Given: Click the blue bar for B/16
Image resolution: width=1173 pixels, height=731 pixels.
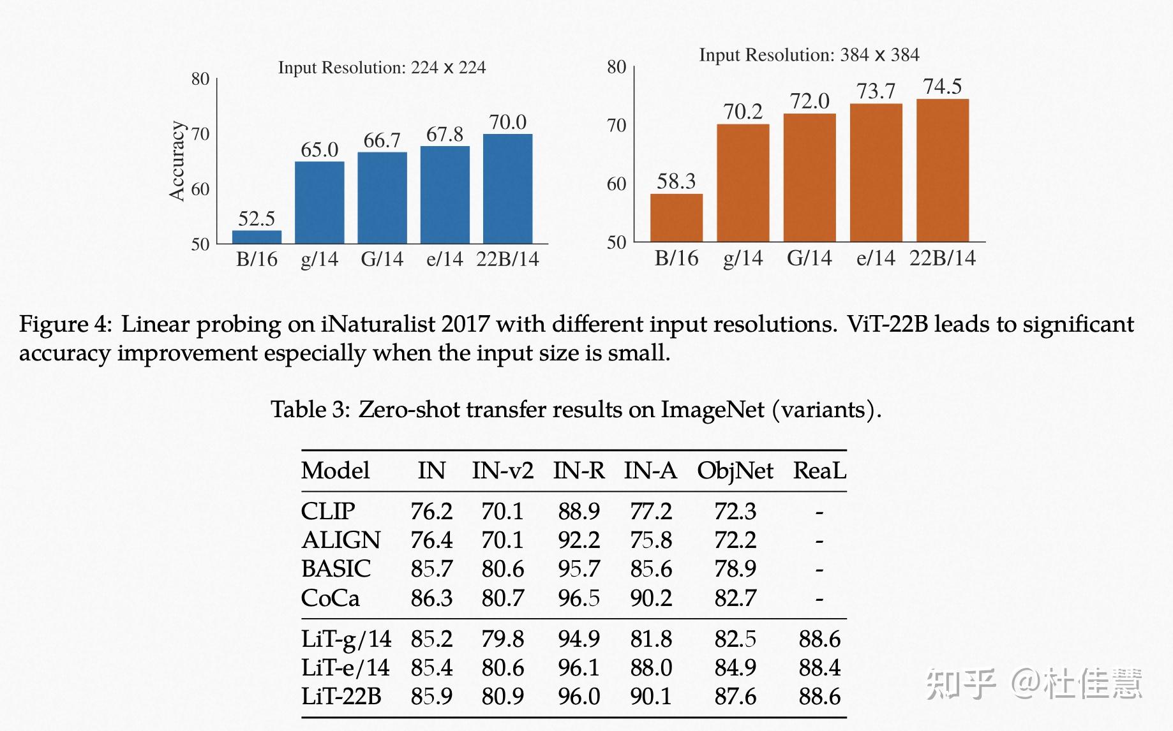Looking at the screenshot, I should pos(257,237).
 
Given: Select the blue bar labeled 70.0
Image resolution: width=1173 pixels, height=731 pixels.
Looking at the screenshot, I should pos(507,189).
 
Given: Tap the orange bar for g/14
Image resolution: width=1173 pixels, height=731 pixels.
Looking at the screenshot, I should pos(743,183).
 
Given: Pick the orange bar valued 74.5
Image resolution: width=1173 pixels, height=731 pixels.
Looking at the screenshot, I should pos(943,170).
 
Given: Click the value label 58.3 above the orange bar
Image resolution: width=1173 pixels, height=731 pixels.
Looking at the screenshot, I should pos(676,181).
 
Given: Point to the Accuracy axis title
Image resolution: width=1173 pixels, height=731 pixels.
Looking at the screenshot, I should pos(177,161).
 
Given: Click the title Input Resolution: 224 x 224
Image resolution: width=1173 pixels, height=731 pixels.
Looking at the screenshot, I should pos(382,68).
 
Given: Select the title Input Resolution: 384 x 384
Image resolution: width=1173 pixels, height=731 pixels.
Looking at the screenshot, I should pos(809,55).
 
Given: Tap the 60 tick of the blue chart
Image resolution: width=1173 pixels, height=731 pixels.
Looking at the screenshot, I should pos(200,189).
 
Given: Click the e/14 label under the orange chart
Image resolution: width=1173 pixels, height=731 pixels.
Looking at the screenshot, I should pos(876,258).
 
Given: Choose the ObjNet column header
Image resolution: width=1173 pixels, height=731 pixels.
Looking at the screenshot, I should pos(735,471).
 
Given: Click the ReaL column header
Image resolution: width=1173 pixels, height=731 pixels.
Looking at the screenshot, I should pos(819,471).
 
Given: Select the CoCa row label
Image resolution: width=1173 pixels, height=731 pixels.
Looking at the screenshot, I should pos(330,598).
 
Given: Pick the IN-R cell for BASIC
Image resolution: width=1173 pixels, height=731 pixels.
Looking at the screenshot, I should pos(579,569).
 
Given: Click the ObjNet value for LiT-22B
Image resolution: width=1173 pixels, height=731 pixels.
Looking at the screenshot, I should pos(735,697).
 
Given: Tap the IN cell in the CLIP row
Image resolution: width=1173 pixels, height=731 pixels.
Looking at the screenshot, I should pos(431,512).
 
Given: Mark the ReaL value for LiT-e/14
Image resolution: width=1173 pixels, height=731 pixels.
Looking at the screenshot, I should pos(819,668).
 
